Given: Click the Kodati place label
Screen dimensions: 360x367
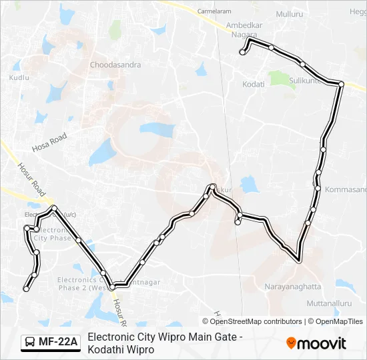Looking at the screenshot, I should pyautogui.click(x=254, y=84).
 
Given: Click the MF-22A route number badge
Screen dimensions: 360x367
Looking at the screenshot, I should pyautogui.click(x=58, y=343).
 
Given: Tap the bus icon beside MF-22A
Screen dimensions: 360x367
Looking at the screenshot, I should pyautogui.click(x=30, y=343).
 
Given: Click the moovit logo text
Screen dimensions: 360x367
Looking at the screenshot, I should pyautogui.click(x=322, y=344).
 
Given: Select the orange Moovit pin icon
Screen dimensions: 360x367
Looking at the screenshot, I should pyautogui.click(x=291, y=343).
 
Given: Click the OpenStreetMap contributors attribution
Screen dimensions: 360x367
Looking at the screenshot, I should pyautogui.click(x=252, y=321).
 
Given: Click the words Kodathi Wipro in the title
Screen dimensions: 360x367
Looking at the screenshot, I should pyautogui.click(x=121, y=349).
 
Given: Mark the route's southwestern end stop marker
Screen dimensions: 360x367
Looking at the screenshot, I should pyautogui.click(x=26, y=289).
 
